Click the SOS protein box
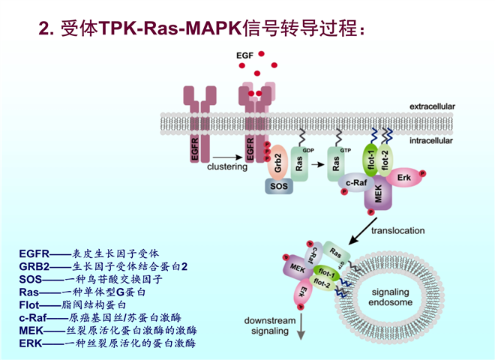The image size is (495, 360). click(278, 184)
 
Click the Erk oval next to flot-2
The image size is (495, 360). click(406, 177)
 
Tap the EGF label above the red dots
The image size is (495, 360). click(245, 57)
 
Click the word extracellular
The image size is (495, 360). click(431, 107)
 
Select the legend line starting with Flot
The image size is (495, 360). click(82, 304)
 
